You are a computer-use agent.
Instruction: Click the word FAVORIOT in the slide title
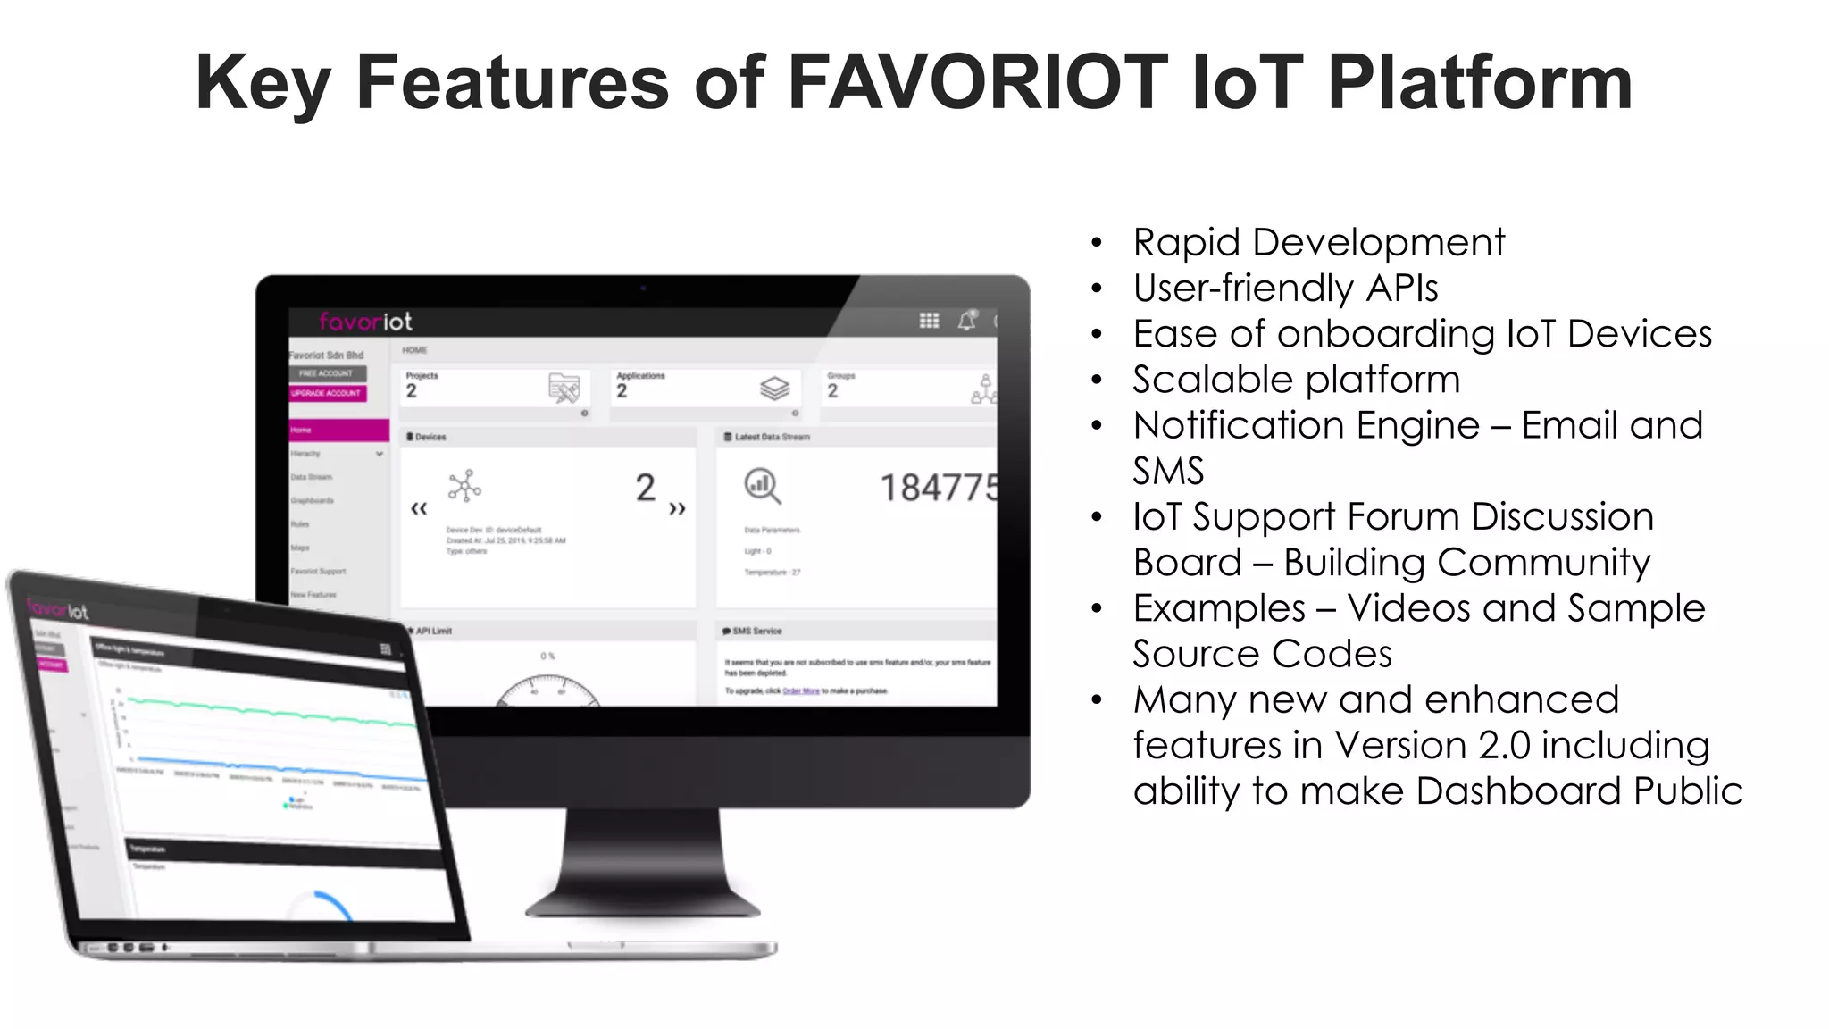coord(977,82)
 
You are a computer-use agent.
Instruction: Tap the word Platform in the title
coord(1480,82)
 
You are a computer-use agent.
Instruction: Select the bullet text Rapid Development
coord(1318,242)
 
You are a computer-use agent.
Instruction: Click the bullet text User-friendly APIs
coord(1285,288)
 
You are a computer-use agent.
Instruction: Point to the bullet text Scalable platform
coord(1296,380)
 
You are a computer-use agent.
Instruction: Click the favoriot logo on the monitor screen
coord(365,322)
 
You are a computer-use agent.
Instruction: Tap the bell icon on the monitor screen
coord(966,321)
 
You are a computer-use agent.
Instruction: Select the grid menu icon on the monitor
coord(929,321)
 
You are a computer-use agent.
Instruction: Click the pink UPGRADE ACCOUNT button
coord(327,393)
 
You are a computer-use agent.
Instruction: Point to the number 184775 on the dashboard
coord(938,488)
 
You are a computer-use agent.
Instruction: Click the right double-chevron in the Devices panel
coord(677,509)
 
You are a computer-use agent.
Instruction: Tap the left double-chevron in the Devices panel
coord(419,509)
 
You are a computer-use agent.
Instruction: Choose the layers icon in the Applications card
coord(774,389)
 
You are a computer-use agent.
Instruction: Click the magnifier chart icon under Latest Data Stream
coord(762,486)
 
